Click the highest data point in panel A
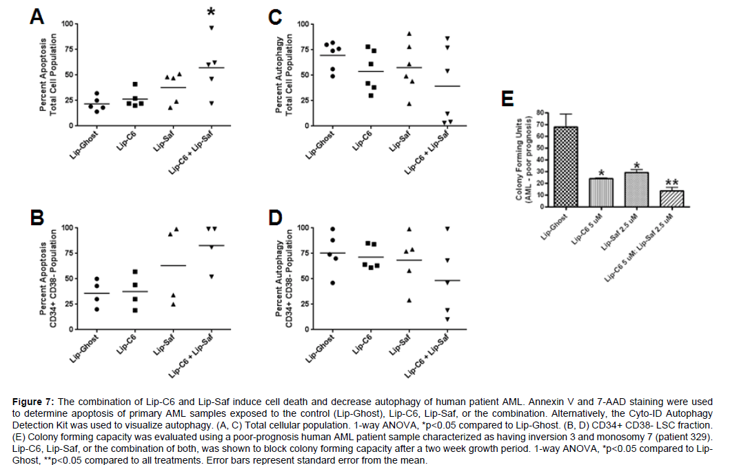coord(212,28)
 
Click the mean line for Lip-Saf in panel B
coord(174,265)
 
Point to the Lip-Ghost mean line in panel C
coord(332,55)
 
